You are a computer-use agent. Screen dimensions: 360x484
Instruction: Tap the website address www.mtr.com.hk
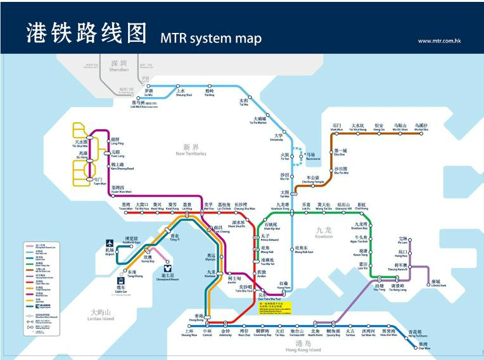click(439, 41)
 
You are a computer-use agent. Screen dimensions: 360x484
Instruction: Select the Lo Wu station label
click(149, 93)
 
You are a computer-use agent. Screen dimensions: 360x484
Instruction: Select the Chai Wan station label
click(424, 346)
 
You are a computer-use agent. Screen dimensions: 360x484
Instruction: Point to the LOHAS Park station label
click(435, 284)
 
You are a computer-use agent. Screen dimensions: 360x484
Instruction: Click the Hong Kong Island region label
click(303, 347)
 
